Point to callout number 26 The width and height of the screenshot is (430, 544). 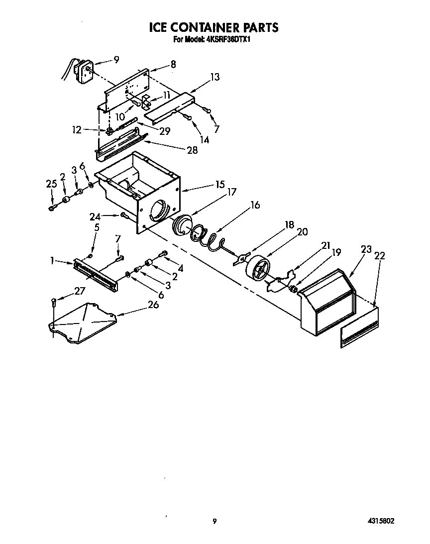click(x=153, y=304)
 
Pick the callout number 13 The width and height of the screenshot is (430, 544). click(x=215, y=77)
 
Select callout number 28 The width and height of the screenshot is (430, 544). click(x=192, y=150)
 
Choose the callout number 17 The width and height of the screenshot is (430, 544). click(x=231, y=191)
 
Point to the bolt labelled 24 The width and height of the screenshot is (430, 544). click(x=124, y=216)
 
